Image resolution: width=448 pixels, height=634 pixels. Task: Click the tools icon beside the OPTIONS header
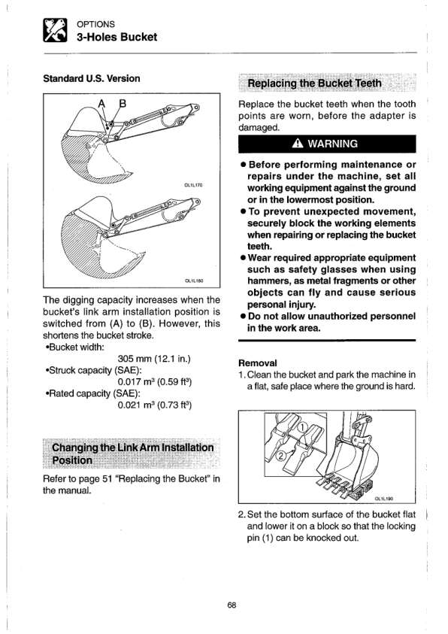pyautogui.click(x=55, y=30)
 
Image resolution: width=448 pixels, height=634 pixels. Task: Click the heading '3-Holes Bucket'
pyautogui.click(x=117, y=37)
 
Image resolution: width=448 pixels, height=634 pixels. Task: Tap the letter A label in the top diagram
pyautogui.click(x=101, y=104)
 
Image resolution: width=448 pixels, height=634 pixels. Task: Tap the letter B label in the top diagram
pyautogui.click(x=123, y=104)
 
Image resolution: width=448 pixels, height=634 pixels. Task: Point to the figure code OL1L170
pyautogui.click(x=193, y=185)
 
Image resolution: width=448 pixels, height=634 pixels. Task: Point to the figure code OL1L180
pyautogui.click(x=194, y=281)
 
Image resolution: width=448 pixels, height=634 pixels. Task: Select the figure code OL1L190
pyautogui.click(x=384, y=499)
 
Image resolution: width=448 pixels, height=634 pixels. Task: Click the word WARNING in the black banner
pyautogui.click(x=332, y=144)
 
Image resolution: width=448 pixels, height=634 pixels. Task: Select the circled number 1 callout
pyautogui.click(x=303, y=428)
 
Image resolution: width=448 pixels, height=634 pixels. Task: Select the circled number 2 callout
pyautogui.click(x=280, y=456)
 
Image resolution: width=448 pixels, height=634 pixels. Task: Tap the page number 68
pyautogui.click(x=232, y=605)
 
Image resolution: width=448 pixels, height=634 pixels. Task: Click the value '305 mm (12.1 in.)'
pyautogui.click(x=154, y=359)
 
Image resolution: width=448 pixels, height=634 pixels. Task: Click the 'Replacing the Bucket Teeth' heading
pyautogui.click(x=314, y=83)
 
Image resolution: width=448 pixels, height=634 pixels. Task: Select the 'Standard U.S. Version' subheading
pyautogui.click(x=92, y=78)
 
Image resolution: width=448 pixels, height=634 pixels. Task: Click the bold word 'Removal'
pyautogui.click(x=258, y=363)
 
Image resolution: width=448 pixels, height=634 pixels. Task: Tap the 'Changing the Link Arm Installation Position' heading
pyautogui.click(x=133, y=454)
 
